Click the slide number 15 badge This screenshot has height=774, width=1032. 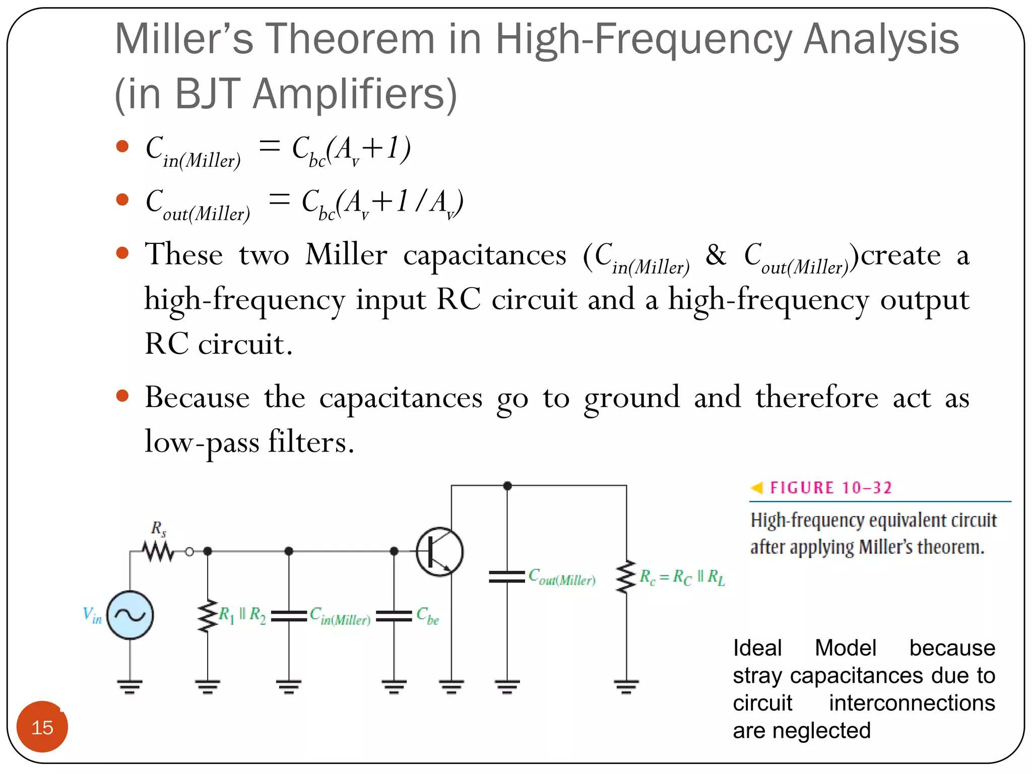42,727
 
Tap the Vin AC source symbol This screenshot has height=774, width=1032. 130,615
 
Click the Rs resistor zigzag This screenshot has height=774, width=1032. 158,551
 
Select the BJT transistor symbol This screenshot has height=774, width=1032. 439,552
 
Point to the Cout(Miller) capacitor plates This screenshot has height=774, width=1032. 507,577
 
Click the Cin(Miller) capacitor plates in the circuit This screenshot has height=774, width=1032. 289,616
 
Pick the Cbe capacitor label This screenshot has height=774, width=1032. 427,616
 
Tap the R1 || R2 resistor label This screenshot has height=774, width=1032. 242,615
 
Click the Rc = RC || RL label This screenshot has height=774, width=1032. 682,577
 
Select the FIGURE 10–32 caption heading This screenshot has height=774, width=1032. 830,488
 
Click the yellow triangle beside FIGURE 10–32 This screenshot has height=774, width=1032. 756,488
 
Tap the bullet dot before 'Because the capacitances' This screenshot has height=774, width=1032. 122,396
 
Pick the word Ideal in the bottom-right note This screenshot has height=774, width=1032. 757,648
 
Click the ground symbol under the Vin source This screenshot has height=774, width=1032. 130,686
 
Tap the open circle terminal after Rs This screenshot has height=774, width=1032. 189,552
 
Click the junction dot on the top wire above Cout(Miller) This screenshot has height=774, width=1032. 507,486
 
